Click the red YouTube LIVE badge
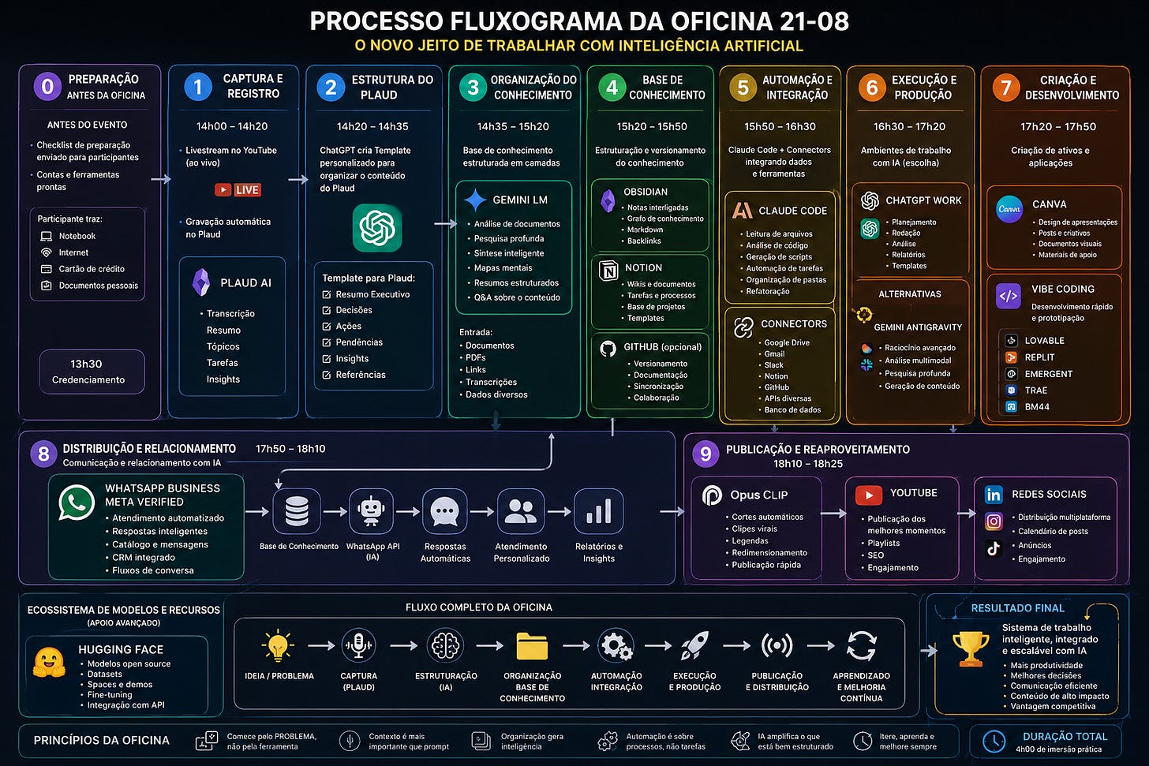pos(238,189)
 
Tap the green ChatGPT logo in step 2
pos(377,228)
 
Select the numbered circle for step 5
pos(743,88)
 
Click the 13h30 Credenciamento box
pos(92,372)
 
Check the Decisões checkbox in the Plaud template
pos(326,310)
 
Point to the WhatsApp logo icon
pos(77,503)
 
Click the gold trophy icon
pos(971,648)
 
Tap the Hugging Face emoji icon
pos(49,662)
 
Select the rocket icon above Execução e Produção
pos(694,645)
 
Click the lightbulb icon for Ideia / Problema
pos(278,645)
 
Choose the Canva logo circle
pos(1009,209)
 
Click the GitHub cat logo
pos(608,349)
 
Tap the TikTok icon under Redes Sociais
pos(994,548)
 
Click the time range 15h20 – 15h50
pos(652,127)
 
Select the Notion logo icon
pos(608,270)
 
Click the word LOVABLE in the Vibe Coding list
pos(1044,341)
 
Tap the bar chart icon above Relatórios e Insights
pos(599,512)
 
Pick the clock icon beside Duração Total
pos(994,742)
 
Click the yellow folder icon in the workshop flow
pos(532,645)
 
